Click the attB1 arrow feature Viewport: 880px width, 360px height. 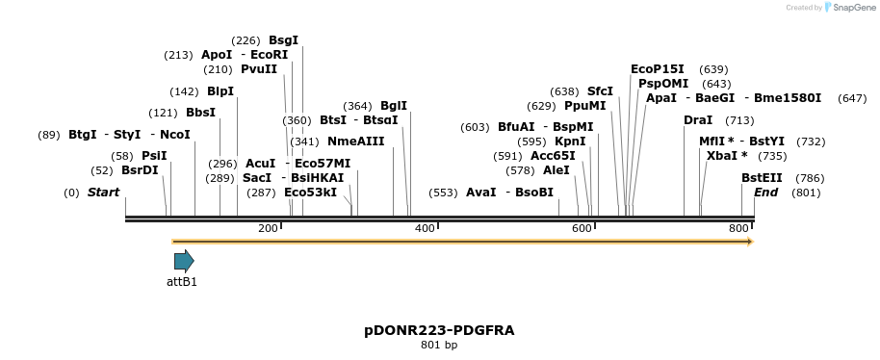click(x=184, y=261)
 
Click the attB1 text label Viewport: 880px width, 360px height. click(x=182, y=282)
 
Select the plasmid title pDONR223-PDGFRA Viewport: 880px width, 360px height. click(x=439, y=330)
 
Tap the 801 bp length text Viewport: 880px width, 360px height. click(x=439, y=346)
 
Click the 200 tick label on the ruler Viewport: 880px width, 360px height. click(x=268, y=228)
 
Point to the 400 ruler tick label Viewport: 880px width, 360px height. click(x=424, y=228)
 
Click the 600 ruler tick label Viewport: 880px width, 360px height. click(x=582, y=228)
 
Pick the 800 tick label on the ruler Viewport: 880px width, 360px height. click(x=738, y=228)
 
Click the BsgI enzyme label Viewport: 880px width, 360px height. click(x=283, y=40)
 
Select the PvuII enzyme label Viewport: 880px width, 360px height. click(x=259, y=69)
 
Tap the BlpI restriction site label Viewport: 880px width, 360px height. click(x=220, y=91)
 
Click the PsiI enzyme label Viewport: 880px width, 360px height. click(x=154, y=156)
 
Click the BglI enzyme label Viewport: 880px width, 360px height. click(x=394, y=106)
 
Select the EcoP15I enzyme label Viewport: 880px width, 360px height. click(x=658, y=69)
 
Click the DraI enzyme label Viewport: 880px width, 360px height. click(x=698, y=120)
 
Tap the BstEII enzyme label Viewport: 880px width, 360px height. click(x=762, y=178)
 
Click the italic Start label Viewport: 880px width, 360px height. click(x=103, y=193)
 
